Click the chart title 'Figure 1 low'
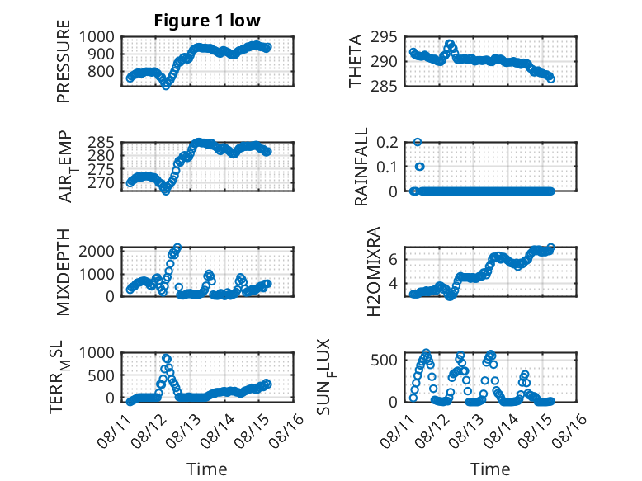pos(207,21)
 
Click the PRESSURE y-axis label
pos(64,61)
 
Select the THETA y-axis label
pos(356,61)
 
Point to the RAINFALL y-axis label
pos(361,167)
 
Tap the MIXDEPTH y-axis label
pos(64,272)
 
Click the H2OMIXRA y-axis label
pos(374,271)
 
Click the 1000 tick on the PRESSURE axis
pos(97,37)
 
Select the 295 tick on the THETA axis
pos(384,37)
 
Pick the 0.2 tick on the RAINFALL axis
pos(387,143)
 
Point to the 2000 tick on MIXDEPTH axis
pos(97,251)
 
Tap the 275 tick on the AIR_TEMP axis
pos(101,169)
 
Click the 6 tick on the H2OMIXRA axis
pos(393,259)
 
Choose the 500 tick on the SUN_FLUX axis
pos(384,361)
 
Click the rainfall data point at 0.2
pos(418,142)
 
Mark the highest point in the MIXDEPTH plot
pos(177,248)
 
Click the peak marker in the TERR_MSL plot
pos(166,358)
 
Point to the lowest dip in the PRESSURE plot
pos(165,86)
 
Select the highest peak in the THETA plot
pos(450,44)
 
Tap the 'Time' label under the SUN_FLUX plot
pos(490,469)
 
